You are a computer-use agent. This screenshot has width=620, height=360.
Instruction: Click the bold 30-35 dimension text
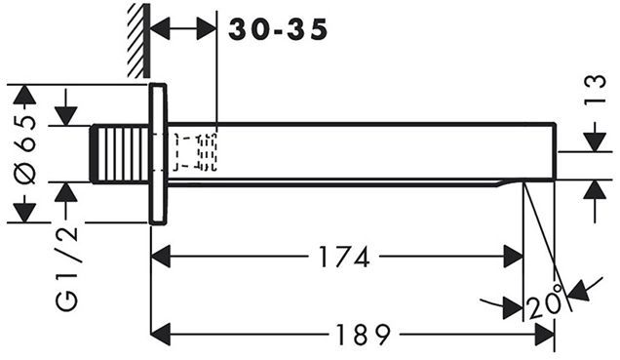278,29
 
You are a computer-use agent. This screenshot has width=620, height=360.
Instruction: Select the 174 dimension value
344,257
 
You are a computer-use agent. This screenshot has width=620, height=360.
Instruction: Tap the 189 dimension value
364,335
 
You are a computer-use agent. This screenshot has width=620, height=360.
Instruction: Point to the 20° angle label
545,301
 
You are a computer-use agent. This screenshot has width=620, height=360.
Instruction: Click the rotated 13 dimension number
596,89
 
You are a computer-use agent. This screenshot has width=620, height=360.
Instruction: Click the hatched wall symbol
138,40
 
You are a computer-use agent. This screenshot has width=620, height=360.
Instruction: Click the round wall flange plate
158,154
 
